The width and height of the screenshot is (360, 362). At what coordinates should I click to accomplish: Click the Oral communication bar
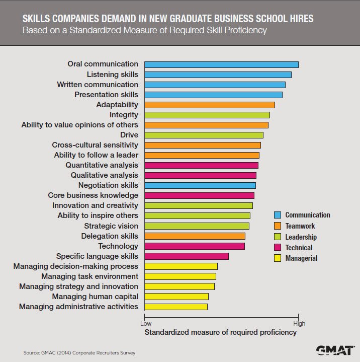(221, 64)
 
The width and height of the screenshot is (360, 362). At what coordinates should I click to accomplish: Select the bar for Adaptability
(210, 105)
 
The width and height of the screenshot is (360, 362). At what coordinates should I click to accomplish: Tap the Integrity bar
(207, 115)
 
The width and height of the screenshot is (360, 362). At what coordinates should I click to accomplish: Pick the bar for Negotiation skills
(200, 185)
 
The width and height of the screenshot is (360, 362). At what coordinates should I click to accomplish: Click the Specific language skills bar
(187, 256)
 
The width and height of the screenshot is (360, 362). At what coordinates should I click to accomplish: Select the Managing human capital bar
(176, 297)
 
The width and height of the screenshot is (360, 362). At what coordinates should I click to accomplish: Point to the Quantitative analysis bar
(201, 165)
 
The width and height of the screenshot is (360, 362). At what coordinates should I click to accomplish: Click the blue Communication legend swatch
(277, 215)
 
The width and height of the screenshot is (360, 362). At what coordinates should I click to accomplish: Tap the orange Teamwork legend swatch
(277, 226)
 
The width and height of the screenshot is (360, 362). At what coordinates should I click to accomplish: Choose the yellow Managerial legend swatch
(277, 258)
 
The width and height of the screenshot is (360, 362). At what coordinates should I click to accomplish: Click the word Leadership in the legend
(301, 237)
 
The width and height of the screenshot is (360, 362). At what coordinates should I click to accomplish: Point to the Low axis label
(145, 324)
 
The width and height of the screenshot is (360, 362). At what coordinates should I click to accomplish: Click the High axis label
(299, 324)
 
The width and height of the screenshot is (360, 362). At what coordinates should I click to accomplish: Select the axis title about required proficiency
(221, 333)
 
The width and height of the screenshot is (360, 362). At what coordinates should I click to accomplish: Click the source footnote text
(79, 353)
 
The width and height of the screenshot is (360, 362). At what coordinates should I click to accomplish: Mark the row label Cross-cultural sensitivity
(95, 145)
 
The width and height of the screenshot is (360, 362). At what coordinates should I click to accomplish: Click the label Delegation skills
(110, 236)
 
